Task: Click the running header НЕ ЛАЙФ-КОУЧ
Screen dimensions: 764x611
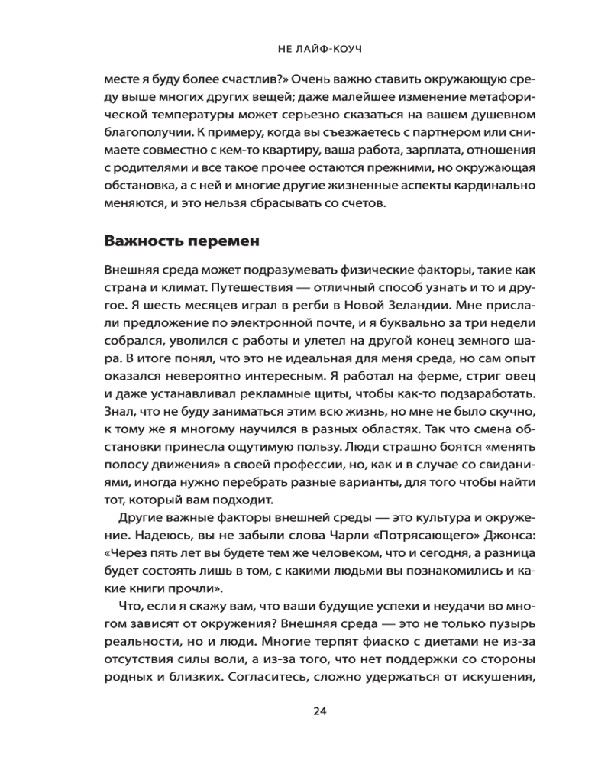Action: (319, 47)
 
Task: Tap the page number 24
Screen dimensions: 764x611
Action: (319, 711)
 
